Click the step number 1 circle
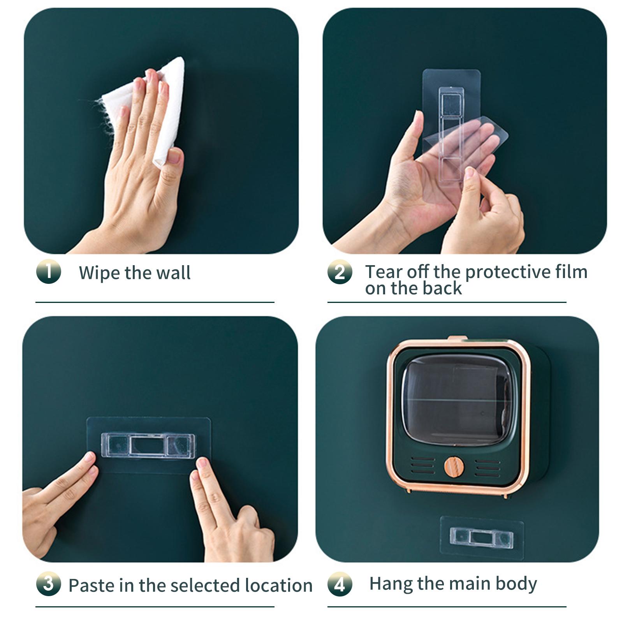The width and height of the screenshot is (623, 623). click(49, 271)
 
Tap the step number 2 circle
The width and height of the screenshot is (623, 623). click(340, 272)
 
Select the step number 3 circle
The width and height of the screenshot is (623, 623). click(49, 584)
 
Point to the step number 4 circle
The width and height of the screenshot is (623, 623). click(340, 584)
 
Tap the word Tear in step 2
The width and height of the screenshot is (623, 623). click(384, 272)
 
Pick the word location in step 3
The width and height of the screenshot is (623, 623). click(279, 585)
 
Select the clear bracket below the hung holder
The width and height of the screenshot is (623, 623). click(482, 538)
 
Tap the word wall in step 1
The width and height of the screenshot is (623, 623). click(174, 273)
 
